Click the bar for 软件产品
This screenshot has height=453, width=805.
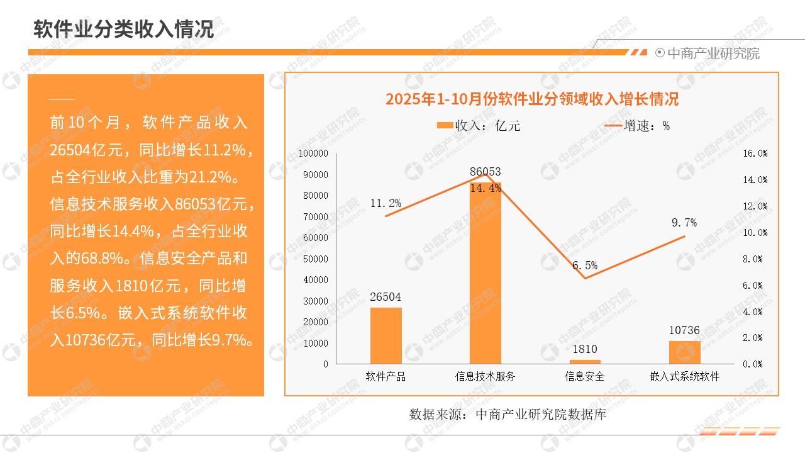386,335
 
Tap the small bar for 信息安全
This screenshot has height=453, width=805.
585,361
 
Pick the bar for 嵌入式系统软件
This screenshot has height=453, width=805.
684,352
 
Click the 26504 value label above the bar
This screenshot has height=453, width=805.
386,297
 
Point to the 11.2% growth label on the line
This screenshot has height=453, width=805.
386,203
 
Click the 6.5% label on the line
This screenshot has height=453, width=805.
585,266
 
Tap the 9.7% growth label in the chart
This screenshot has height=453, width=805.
684,223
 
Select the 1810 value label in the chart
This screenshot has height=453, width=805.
585,349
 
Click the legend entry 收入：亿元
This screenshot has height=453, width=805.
479,126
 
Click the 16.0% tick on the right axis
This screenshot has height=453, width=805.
755,154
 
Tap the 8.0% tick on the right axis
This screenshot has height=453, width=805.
755,259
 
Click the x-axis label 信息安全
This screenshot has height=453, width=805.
585,377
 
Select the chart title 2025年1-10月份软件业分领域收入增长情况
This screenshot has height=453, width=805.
531,99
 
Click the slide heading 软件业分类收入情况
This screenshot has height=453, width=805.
124,29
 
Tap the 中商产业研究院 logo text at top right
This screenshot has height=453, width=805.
713,53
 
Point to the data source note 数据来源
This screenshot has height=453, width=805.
508,415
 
